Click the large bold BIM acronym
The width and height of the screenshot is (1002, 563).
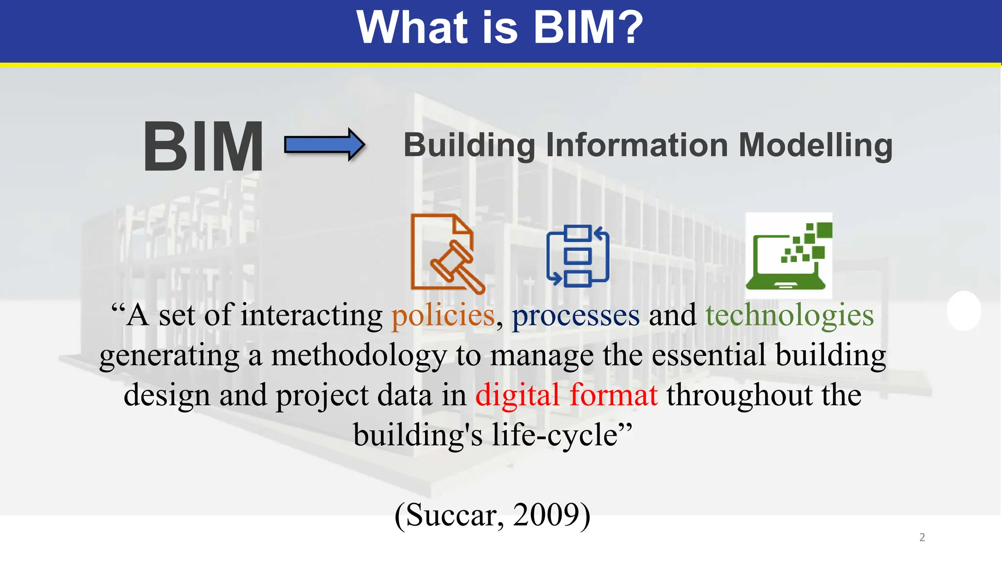[x=203, y=147]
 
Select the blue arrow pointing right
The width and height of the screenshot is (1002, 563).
[x=324, y=145]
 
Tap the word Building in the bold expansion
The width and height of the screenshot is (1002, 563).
[x=469, y=145]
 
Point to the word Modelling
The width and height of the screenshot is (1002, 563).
[x=815, y=145]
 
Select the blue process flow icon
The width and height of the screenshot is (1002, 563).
[x=578, y=256]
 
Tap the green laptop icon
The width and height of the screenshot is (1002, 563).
[x=788, y=256]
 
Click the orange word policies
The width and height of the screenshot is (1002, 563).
[x=443, y=316]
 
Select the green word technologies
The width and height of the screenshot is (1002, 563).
[x=789, y=316]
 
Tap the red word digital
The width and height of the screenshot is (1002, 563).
[x=517, y=395]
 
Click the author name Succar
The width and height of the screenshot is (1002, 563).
[x=452, y=515]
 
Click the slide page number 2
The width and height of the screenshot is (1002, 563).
[x=922, y=538]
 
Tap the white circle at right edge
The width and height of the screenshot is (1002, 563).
[x=964, y=311]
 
